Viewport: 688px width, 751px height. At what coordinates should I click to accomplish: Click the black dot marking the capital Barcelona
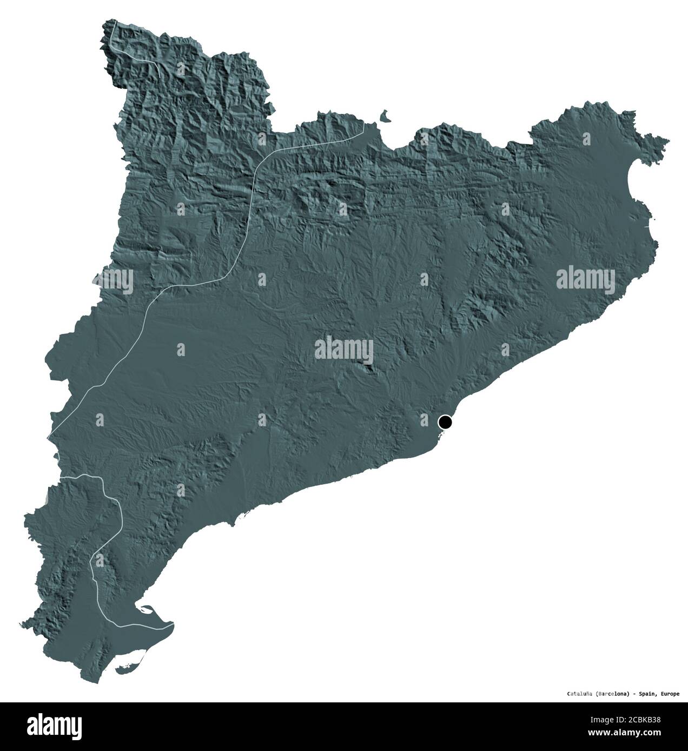(445, 421)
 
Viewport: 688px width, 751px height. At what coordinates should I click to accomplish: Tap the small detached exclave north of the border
(385, 116)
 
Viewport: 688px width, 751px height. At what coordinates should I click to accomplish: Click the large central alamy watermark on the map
(344, 348)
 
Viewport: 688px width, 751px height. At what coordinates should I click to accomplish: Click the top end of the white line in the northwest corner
(115, 21)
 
